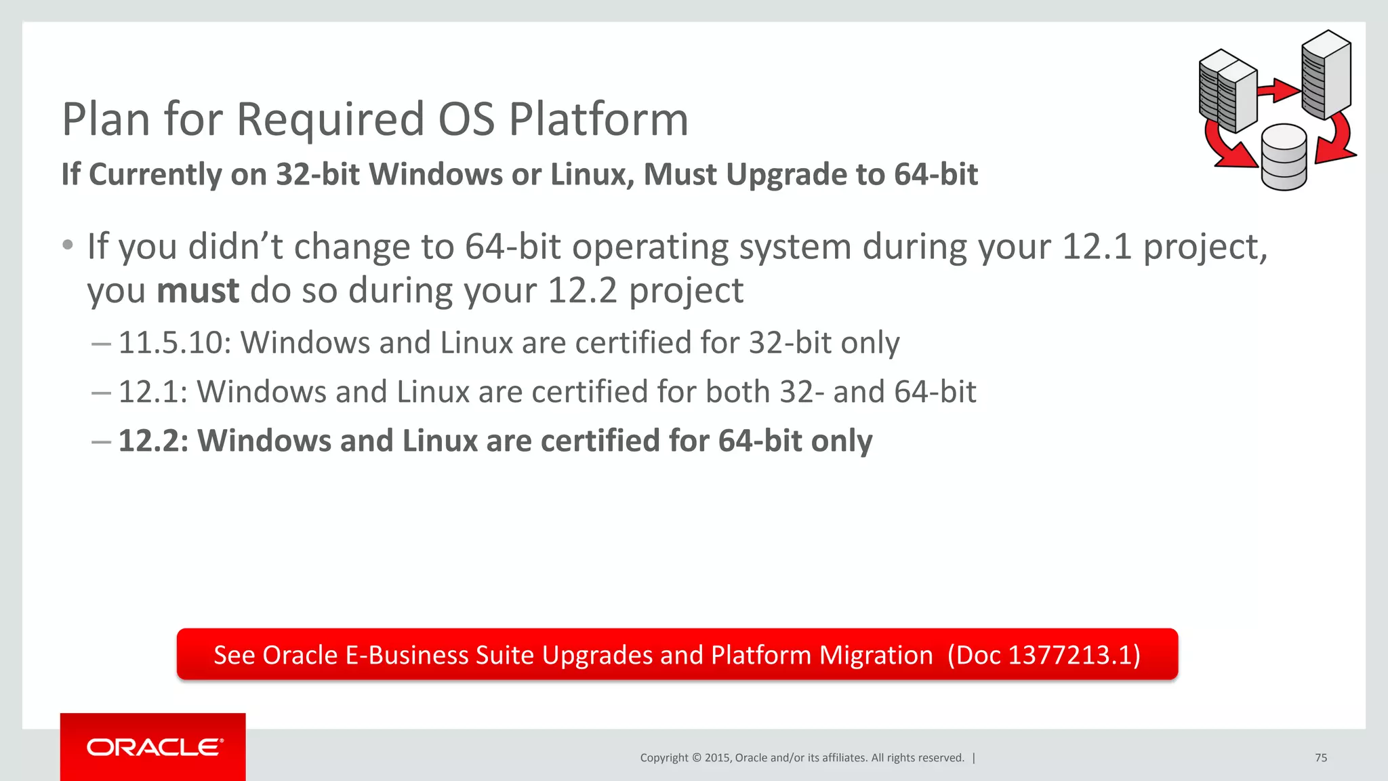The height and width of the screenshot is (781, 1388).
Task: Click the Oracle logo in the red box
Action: point(155,747)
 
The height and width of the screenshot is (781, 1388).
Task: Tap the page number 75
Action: point(1321,758)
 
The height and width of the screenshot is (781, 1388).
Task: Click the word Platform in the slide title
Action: point(598,119)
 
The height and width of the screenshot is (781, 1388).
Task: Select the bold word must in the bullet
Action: point(198,291)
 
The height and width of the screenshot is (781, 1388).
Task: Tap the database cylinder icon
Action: point(1284,157)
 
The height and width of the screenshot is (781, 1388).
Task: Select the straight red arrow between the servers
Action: point(1278,90)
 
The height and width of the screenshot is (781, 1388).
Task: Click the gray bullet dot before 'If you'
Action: point(67,245)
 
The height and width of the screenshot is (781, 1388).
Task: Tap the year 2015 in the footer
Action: point(717,758)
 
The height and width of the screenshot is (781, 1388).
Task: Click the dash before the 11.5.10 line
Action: point(102,344)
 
